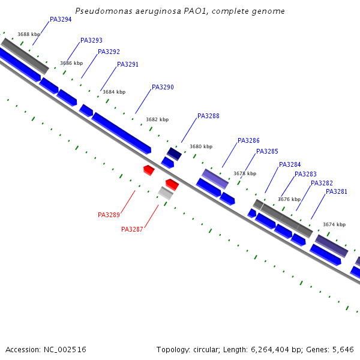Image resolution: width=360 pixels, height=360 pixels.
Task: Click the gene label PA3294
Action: (x=61, y=20)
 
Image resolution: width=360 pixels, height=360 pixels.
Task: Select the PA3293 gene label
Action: (x=91, y=41)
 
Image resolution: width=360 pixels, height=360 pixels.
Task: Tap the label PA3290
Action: (x=163, y=88)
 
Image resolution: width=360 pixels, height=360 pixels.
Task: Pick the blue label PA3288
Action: (x=208, y=116)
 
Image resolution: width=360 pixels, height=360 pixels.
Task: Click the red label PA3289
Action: (x=109, y=215)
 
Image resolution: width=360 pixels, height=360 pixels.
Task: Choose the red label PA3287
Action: (x=132, y=230)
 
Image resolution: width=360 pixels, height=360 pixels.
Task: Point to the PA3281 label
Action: (x=336, y=192)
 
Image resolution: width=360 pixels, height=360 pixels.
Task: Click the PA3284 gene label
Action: (x=290, y=165)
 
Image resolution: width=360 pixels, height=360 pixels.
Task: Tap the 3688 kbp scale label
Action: (x=29, y=35)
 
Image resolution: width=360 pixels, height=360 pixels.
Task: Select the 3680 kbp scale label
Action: (x=201, y=146)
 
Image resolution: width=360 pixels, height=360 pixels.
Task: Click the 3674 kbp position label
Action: (x=334, y=224)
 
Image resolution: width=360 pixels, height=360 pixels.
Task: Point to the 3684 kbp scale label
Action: (x=114, y=92)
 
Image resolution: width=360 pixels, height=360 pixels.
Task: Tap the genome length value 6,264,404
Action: (x=279, y=349)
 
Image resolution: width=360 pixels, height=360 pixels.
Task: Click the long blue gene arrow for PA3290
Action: (x=121, y=133)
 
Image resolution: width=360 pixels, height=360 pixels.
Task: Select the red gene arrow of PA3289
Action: (x=149, y=170)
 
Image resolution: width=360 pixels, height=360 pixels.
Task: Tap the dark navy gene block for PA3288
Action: (x=174, y=153)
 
